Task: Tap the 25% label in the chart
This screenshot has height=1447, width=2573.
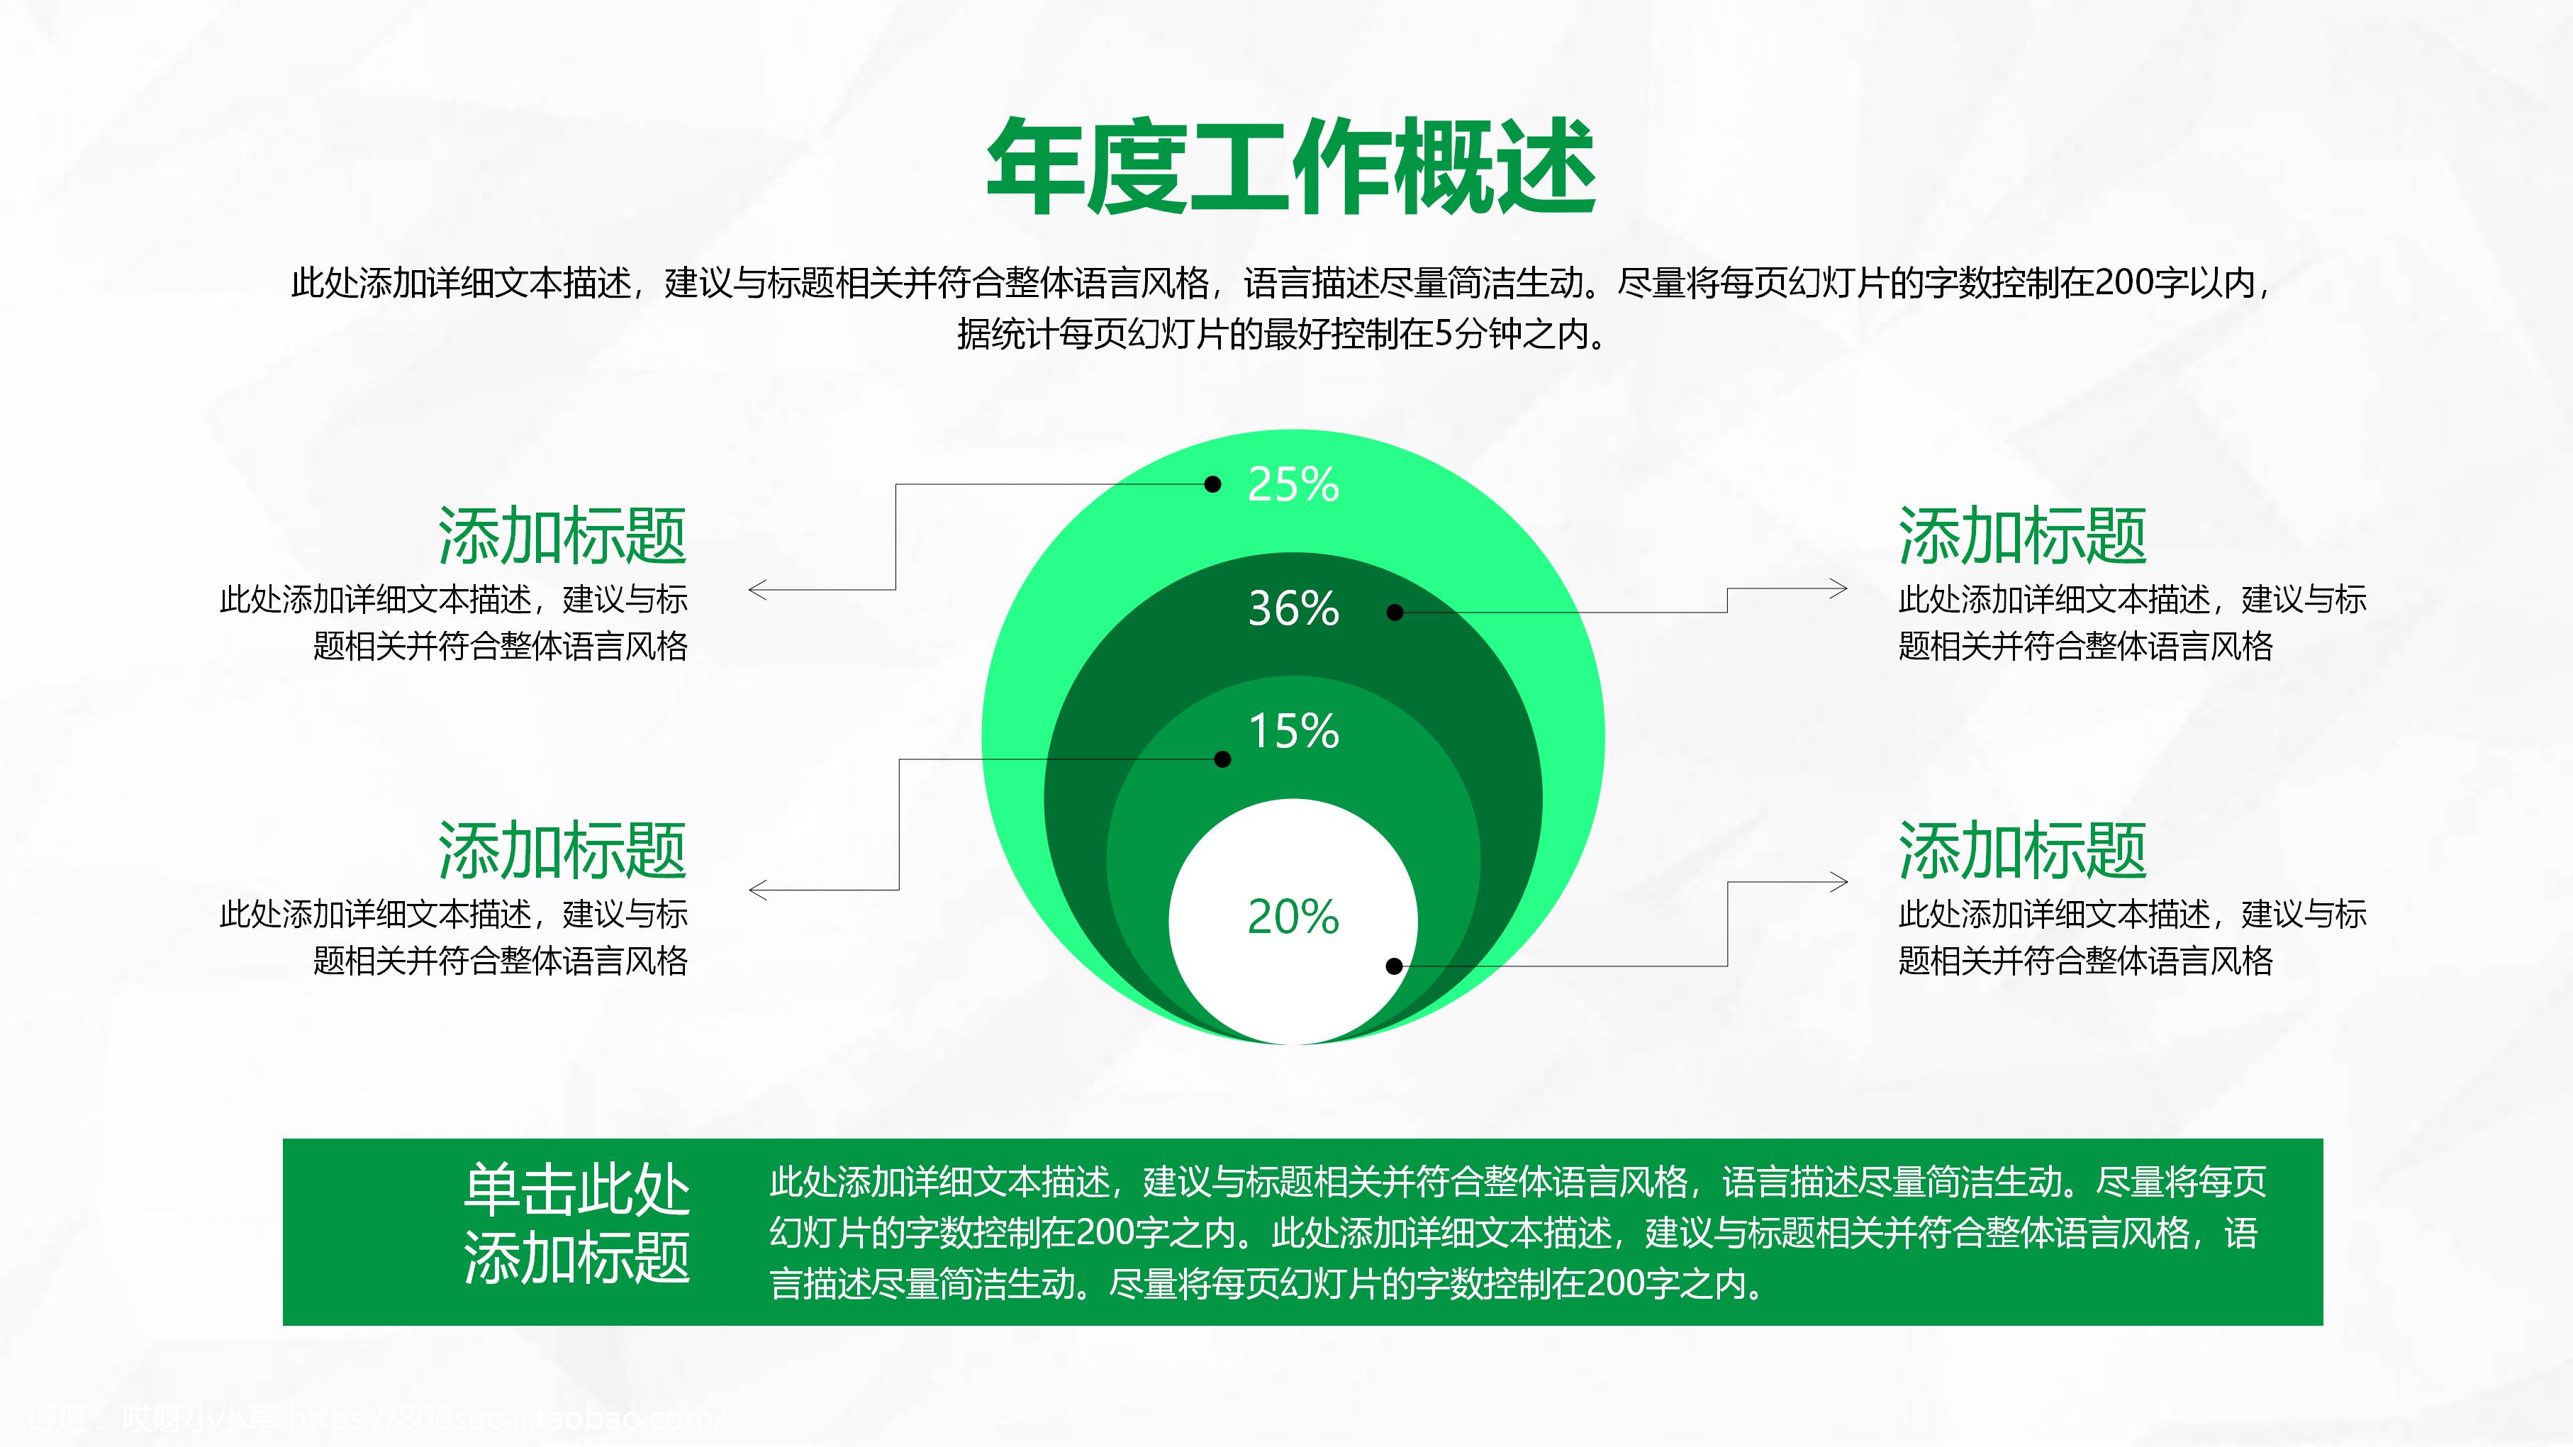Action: pos(1293,486)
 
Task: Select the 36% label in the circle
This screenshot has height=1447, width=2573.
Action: pos(1293,609)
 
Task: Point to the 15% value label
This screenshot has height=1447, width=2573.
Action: pos(1293,732)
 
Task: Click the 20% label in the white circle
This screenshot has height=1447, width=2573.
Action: pos(1293,917)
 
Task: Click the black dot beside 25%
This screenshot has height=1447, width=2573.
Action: pos(1212,484)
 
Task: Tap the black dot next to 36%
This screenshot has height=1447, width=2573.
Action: pos(1395,612)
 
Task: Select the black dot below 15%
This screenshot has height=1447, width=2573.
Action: pos(1222,759)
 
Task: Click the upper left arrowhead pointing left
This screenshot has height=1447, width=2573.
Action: pos(757,590)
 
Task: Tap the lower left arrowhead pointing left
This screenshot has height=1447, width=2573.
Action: pos(757,889)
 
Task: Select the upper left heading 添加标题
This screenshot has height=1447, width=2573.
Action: pos(562,536)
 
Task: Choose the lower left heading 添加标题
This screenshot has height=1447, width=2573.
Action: pos(562,851)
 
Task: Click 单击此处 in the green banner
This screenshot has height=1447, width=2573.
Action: pos(576,1190)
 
